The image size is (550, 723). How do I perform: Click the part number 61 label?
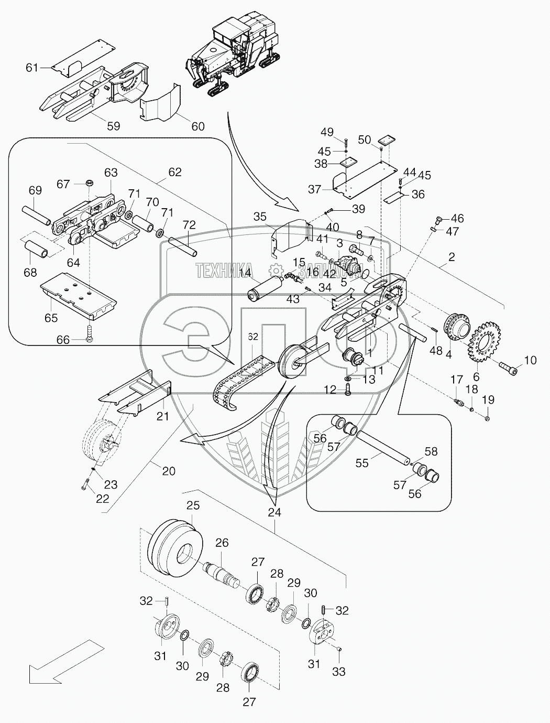[32, 67]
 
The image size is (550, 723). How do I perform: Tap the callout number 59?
[113, 126]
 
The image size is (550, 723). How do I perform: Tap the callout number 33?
[339, 672]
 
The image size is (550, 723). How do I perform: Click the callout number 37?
[314, 189]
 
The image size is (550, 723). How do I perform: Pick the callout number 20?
[168, 471]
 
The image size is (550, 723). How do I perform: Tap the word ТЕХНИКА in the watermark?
[224, 270]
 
